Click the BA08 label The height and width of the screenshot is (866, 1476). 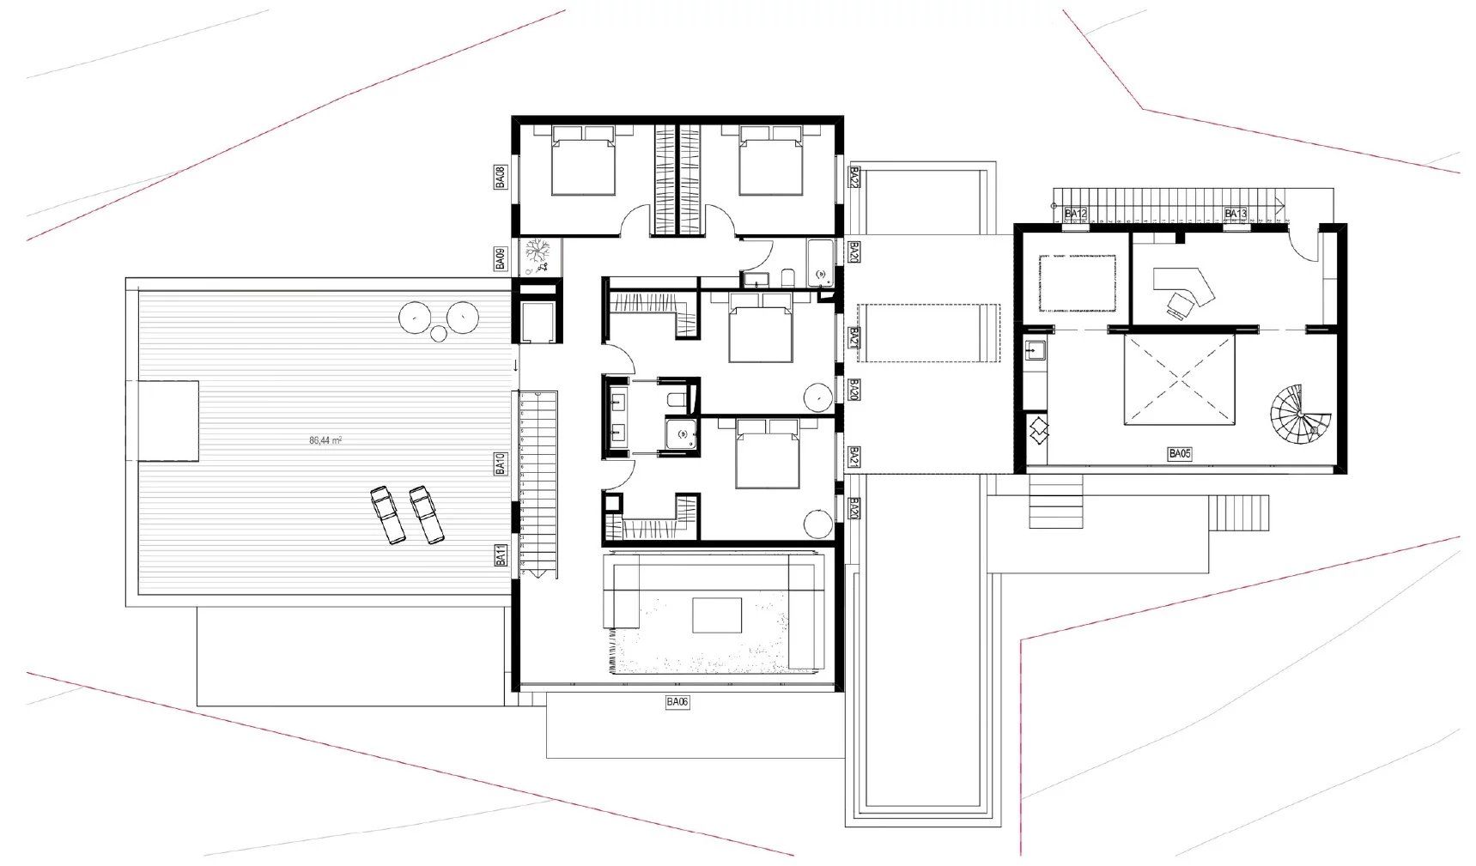point(500,177)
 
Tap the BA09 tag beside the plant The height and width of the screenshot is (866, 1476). point(500,258)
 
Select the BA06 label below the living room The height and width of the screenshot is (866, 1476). point(677,702)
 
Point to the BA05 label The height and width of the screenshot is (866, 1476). point(1180,454)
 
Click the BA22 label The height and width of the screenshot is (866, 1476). point(854,177)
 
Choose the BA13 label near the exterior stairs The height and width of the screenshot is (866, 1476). point(1236,214)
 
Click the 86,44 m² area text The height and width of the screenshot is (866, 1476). point(325,440)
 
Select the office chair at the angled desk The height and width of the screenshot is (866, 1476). point(1181,304)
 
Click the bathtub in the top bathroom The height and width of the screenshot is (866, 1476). point(821,263)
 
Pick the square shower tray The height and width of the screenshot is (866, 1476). point(683,434)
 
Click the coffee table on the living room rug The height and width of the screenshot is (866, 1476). point(717,615)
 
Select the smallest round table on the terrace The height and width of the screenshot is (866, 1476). point(439,333)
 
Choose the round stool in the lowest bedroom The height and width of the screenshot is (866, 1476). point(818,522)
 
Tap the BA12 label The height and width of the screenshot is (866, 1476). point(1076,214)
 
